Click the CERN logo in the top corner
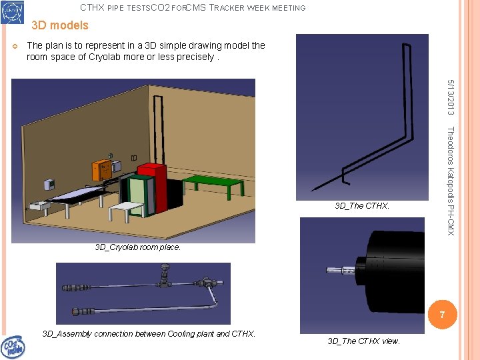(x=12, y=11)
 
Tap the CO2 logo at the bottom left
(x=13, y=347)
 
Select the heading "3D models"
(x=59, y=25)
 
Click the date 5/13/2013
(x=451, y=96)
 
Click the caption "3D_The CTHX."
(x=362, y=206)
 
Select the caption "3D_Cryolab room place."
(x=137, y=247)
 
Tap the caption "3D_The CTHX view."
(x=363, y=341)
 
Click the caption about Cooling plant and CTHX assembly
(x=149, y=333)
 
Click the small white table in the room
(x=127, y=209)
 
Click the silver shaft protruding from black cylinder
(x=343, y=271)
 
